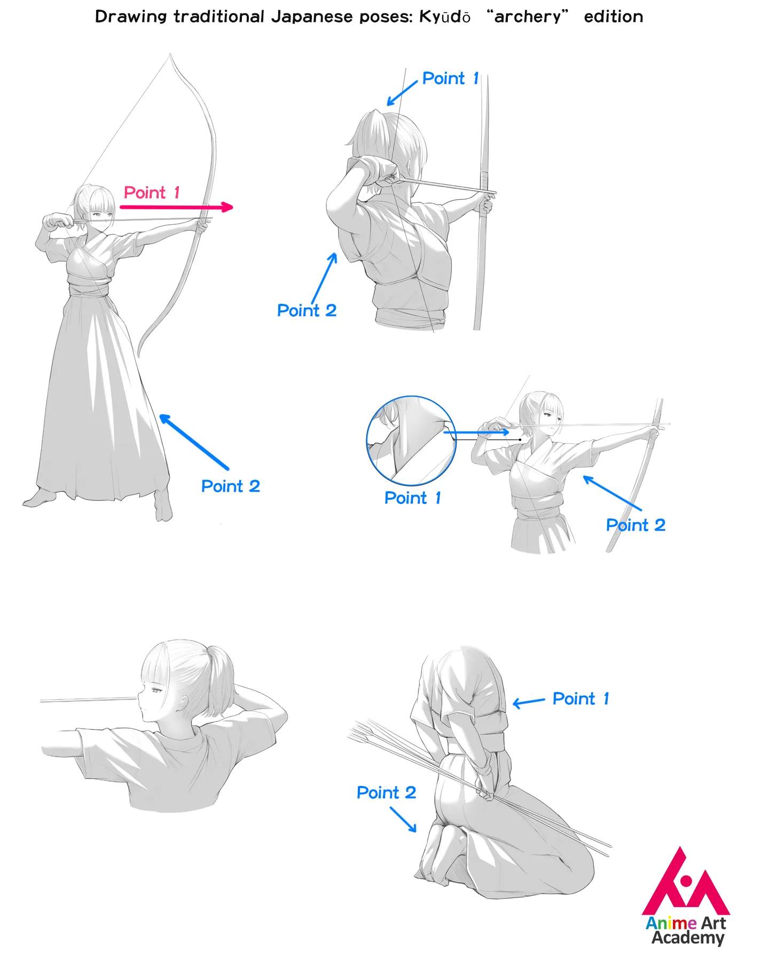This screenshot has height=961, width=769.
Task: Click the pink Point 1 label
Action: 152,192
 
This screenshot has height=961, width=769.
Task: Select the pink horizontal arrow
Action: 177,207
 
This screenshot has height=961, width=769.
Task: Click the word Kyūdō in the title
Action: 444,17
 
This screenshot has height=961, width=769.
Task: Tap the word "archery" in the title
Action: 528,17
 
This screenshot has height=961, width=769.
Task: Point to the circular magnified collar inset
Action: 411,440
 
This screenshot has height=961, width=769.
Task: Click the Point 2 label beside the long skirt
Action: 231,486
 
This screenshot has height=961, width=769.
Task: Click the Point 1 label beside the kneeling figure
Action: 581,698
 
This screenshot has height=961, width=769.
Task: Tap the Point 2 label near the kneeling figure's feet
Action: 386,792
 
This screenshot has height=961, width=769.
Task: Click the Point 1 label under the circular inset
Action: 413,498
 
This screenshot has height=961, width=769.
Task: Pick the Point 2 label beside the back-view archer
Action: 307,310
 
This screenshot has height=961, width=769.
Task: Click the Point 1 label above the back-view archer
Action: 451,78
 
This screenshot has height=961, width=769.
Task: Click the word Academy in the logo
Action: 688,938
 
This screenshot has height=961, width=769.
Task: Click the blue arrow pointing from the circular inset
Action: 476,432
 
